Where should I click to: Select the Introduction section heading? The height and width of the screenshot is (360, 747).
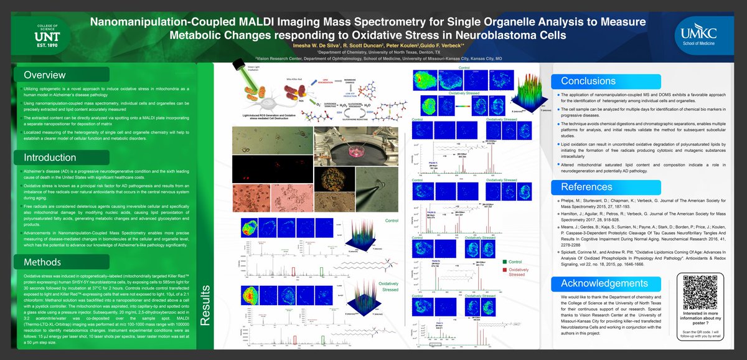coord(49,157)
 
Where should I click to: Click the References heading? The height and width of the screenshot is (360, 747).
coord(586,187)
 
